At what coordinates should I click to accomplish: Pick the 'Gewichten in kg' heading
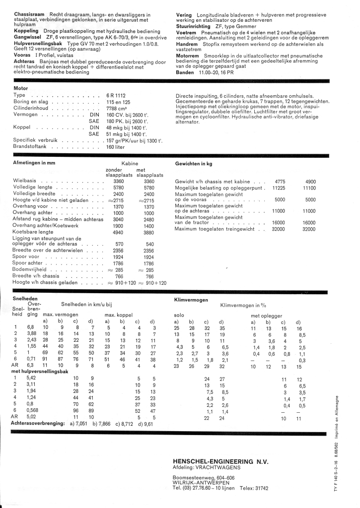click(194, 163)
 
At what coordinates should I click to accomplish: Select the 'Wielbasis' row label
click(26, 182)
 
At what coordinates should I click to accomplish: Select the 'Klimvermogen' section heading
click(191, 300)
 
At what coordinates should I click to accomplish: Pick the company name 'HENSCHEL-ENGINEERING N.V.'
click(220, 461)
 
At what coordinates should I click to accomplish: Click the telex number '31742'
click(260, 488)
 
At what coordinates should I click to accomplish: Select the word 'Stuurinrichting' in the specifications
click(194, 26)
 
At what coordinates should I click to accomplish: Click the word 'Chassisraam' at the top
click(29, 15)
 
